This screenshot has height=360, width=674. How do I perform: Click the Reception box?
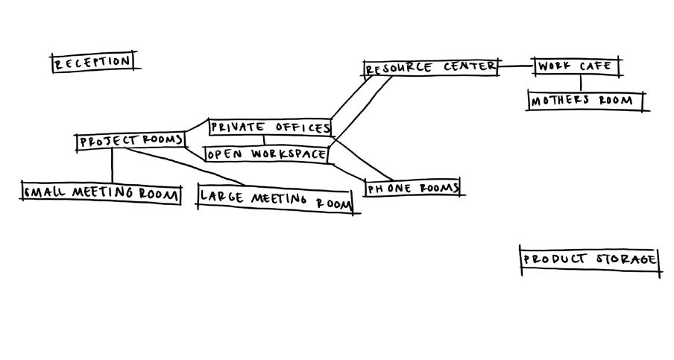pos(92,62)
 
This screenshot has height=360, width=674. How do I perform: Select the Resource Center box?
pos(431,68)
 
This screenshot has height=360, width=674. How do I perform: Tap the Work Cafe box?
pos(576,66)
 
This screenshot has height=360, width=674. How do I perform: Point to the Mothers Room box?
pos(585,101)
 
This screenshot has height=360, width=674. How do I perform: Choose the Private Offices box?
pos(269,127)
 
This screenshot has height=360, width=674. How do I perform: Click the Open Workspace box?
pos(266,154)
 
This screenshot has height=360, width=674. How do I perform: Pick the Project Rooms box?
pos(130,141)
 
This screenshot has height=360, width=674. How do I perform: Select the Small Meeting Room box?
pos(101,193)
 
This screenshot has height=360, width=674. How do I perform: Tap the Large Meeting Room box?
pos(274,200)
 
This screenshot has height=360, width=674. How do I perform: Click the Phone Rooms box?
pos(412,188)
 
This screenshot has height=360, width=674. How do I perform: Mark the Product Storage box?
pos(589,260)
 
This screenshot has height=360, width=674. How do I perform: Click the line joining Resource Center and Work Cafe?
pos(515,67)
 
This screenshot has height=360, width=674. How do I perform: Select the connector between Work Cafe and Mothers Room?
pos(582,83)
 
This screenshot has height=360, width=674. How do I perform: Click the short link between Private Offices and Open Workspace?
pos(264,141)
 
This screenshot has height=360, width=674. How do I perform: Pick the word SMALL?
pos(42,193)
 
